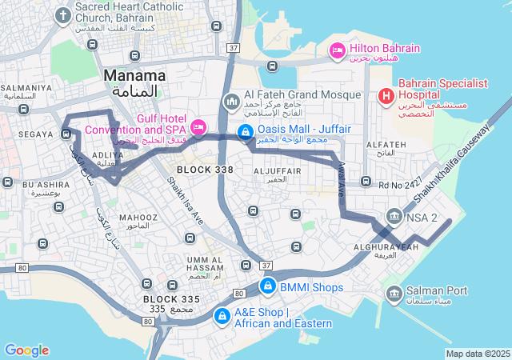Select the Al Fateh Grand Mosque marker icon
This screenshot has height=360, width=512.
(x=232, y=102)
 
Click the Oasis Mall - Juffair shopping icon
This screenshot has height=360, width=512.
(x=245, y=132)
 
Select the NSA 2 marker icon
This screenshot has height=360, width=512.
(x=394, y=217)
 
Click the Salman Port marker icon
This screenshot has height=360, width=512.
(x=394, y=294)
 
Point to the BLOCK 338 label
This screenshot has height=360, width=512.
(x=205, y=170)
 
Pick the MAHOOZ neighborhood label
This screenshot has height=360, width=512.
(x=138, y=217)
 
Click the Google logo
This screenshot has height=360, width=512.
(x=26, y=350)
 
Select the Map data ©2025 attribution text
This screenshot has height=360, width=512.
(x=478, y=354)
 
